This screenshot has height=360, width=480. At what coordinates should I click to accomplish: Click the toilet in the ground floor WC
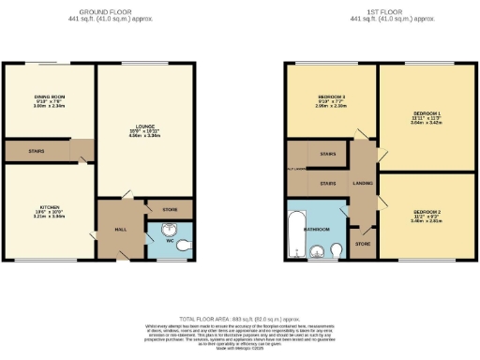[184, 246]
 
